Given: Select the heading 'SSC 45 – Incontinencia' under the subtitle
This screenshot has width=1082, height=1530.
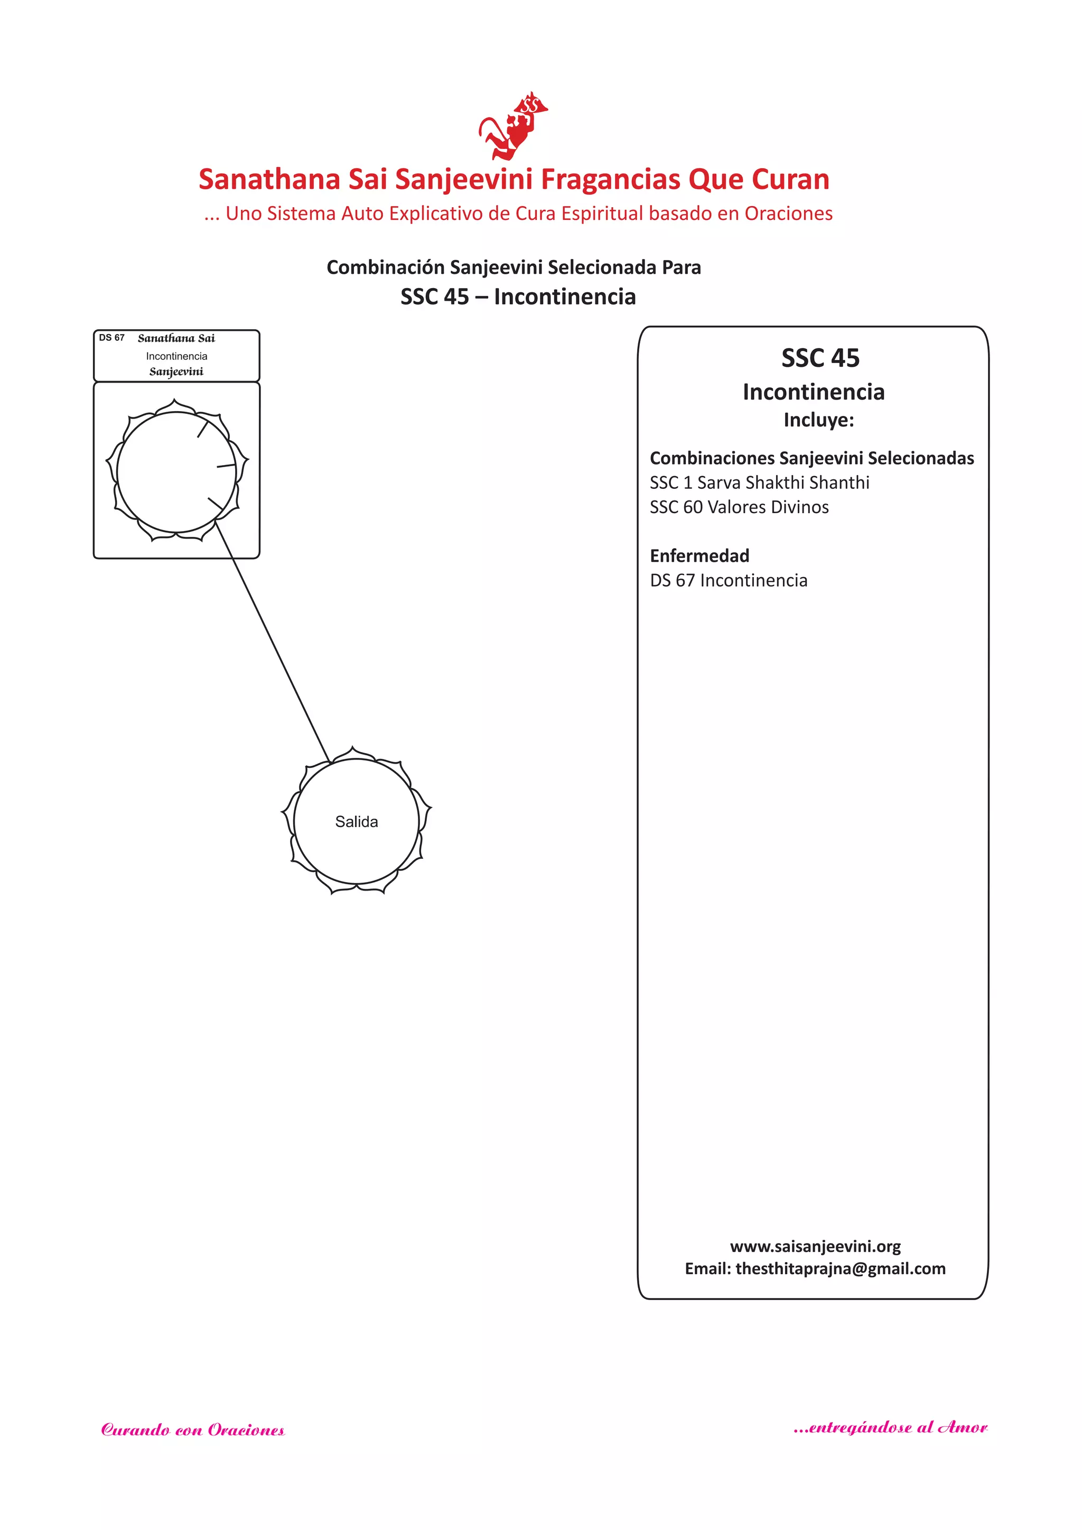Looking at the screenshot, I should click(x=518, y=296).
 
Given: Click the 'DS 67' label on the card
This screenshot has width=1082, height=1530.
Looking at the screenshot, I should click(x=112, y=338).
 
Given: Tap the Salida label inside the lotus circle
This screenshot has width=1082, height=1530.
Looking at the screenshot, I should click(x=357, y=822).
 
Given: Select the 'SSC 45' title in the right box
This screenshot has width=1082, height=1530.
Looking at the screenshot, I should click(x=820, y=358).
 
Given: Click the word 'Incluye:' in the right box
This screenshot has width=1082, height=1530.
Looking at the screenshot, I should click(x=818, y=420).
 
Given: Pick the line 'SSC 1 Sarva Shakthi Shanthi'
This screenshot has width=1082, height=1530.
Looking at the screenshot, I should click(x=760, y=483).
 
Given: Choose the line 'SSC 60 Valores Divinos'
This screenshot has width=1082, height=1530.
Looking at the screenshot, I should click(x=740, y=507).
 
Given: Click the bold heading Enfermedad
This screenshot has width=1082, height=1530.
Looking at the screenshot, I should click(x=699, y=556).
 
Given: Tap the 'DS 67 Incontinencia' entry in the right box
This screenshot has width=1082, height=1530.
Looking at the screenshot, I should click(x=728, y=580).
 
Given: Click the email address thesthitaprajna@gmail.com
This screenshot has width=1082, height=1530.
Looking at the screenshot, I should click(x=840, y=1269).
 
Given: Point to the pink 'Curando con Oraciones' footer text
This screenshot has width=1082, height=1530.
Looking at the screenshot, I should click(x=193, y=1430).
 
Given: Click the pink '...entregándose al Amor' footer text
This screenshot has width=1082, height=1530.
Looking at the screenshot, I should click(x=890, y=1427).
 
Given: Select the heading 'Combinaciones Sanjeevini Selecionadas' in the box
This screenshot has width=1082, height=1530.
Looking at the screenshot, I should click(x=811, y=458).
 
